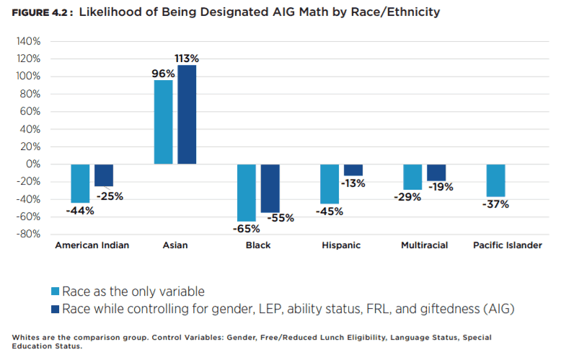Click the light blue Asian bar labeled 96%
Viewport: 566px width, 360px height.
click(x=163, y=122)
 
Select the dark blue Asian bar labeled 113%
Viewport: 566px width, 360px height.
click(x=187, y=115)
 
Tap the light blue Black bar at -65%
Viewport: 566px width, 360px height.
click(x=247, y=193)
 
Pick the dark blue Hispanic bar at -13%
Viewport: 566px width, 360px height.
click(x=353, y=170)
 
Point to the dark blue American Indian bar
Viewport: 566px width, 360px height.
click(x=104, y=175)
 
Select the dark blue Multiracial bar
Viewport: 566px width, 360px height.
click(x=435, y=172)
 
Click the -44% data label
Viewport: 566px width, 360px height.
click(x=79, y=211)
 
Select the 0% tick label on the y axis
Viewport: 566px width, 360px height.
click(x=32, y=164)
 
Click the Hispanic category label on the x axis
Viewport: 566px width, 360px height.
click(x=341, y=245)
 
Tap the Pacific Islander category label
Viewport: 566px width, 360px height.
click(x=507, y=245)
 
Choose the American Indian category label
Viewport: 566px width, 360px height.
click(x=92, y=245)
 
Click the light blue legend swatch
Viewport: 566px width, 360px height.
click(x=55, y=291)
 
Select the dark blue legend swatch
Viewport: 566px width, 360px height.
click(x=55, y=309)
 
